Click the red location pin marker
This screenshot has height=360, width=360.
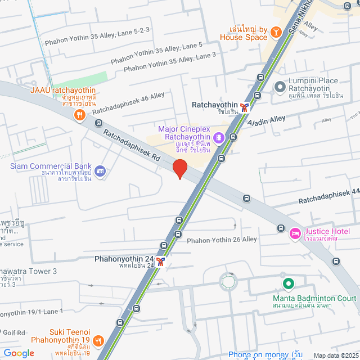(179, 169)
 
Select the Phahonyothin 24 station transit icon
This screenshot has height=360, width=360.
(161, 261)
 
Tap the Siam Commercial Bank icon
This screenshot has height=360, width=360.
(100, 170)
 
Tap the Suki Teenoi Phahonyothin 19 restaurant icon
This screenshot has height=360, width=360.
(98, 340)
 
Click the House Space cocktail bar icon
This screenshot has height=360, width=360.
(277, 33)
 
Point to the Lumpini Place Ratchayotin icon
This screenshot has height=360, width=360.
(280, 87)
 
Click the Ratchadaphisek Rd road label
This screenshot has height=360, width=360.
(132, 146)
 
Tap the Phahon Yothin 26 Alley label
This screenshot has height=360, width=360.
(222, 240)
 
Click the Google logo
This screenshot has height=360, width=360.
(19, 353)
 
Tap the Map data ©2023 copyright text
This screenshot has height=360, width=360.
(335, 355)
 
